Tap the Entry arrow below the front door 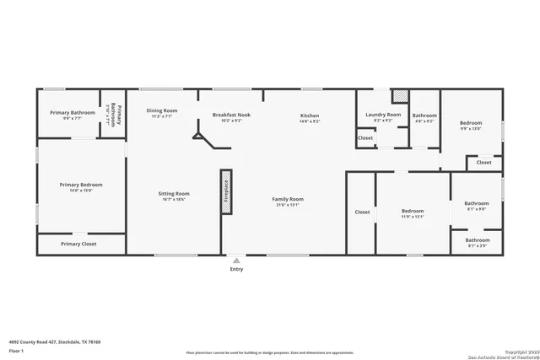coord(235,261)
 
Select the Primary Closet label coord(78,244)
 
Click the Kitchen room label coord(310,115)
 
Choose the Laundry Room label coord(382,114)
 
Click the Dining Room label coord(161,110)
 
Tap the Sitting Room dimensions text coord(174,200)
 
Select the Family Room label coord(287,199)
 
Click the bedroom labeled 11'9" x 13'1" coord(413,211)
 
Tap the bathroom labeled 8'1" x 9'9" coord(477,203)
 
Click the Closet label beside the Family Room coord(362,212)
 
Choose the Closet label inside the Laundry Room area coord(365,137)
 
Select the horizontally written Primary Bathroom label coord(72,113)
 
